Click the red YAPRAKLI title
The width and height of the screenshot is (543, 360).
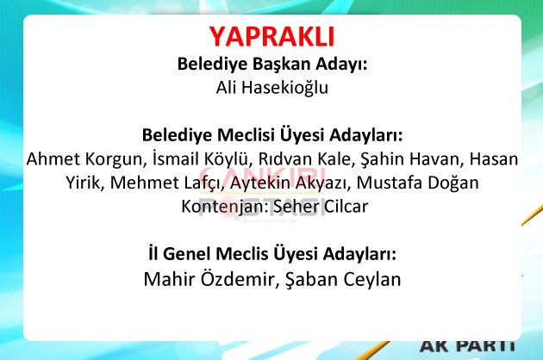[x=271, y=37]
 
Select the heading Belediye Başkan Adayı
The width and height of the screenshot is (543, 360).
[x=272, y=64]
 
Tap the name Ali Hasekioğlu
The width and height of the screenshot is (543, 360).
[x=272, y=87]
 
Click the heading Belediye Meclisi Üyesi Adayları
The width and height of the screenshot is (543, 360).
[x=272, y=134]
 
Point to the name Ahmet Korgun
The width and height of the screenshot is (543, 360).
[x=84, y=159]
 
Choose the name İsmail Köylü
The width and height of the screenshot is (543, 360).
[x=201, y=158]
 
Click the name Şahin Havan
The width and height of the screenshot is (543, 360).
[x=409, y=158]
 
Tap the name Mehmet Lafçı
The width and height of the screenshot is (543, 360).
[x=165, y=183]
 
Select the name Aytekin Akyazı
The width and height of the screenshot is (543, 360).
[x=288, y=183]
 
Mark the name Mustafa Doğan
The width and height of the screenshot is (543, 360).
[x=418, y=183]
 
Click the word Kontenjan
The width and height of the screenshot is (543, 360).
[x=222, y=207]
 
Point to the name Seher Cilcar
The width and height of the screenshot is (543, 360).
[x=321, y=207]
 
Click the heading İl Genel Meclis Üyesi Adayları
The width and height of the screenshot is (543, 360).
[x=272, y=253]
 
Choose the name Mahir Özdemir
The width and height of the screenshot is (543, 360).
[x=208, y=279]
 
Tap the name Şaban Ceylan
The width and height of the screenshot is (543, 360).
[x=343, y=279]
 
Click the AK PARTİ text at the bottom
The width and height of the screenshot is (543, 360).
[x=467, y=346]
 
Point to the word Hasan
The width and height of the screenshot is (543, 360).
[x=494, y=158]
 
